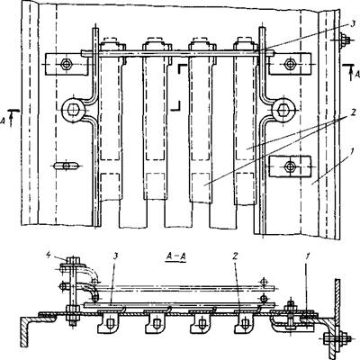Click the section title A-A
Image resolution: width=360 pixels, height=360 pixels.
click(175, 257)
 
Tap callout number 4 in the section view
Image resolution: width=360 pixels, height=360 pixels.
click(49, 256)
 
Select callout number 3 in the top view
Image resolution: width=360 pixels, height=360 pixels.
click(354, 24)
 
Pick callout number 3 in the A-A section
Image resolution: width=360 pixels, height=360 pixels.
click(115, 256)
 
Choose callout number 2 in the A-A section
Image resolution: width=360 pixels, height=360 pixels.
click(236, 256)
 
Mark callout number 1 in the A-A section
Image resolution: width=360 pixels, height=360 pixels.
click(309, 256)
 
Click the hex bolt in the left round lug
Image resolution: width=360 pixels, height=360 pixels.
click(73, 111)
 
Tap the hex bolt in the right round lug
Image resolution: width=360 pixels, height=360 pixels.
click(283, 111)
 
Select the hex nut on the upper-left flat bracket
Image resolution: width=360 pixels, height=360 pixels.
click(66, 64)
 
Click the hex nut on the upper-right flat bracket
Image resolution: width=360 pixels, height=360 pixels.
click(290, 63)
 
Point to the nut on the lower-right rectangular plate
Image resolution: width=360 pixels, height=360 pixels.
click(290, 166)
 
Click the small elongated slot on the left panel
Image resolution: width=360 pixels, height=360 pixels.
click(67, 166)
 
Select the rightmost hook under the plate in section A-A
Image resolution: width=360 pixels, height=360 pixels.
click(246, 323)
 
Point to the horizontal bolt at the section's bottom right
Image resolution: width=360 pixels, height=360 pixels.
click(338, 338)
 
